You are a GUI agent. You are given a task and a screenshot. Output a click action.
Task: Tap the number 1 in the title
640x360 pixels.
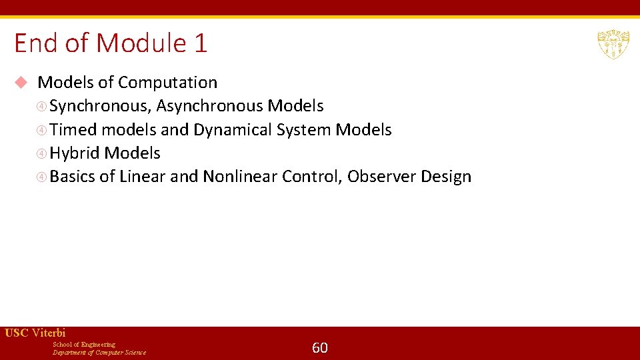coord(201,43)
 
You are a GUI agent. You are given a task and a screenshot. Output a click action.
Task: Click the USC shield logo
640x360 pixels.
coord(613,44)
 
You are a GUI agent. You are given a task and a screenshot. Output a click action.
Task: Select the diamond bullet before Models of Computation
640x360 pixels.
coord(21,83)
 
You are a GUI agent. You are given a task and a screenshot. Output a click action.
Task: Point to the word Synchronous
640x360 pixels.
coord(99,106)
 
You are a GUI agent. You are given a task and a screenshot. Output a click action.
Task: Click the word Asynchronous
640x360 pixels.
coord(209,106)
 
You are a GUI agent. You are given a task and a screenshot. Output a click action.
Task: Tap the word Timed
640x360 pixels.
coord(73,129)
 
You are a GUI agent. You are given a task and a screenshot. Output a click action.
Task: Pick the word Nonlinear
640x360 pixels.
coord(240,177)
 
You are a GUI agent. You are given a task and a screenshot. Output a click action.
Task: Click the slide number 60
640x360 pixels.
coord(320,347)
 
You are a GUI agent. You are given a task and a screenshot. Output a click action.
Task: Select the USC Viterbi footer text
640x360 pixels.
coord(35,333)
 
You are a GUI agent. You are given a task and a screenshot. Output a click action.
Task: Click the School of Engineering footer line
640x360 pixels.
coord(84,344)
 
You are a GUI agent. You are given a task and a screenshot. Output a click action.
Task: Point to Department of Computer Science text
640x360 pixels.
coord(99,352)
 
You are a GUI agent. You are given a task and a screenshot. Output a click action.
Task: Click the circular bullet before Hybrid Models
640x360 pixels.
coord(41,153)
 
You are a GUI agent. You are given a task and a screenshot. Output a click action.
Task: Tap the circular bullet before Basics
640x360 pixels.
coord(41,177)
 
